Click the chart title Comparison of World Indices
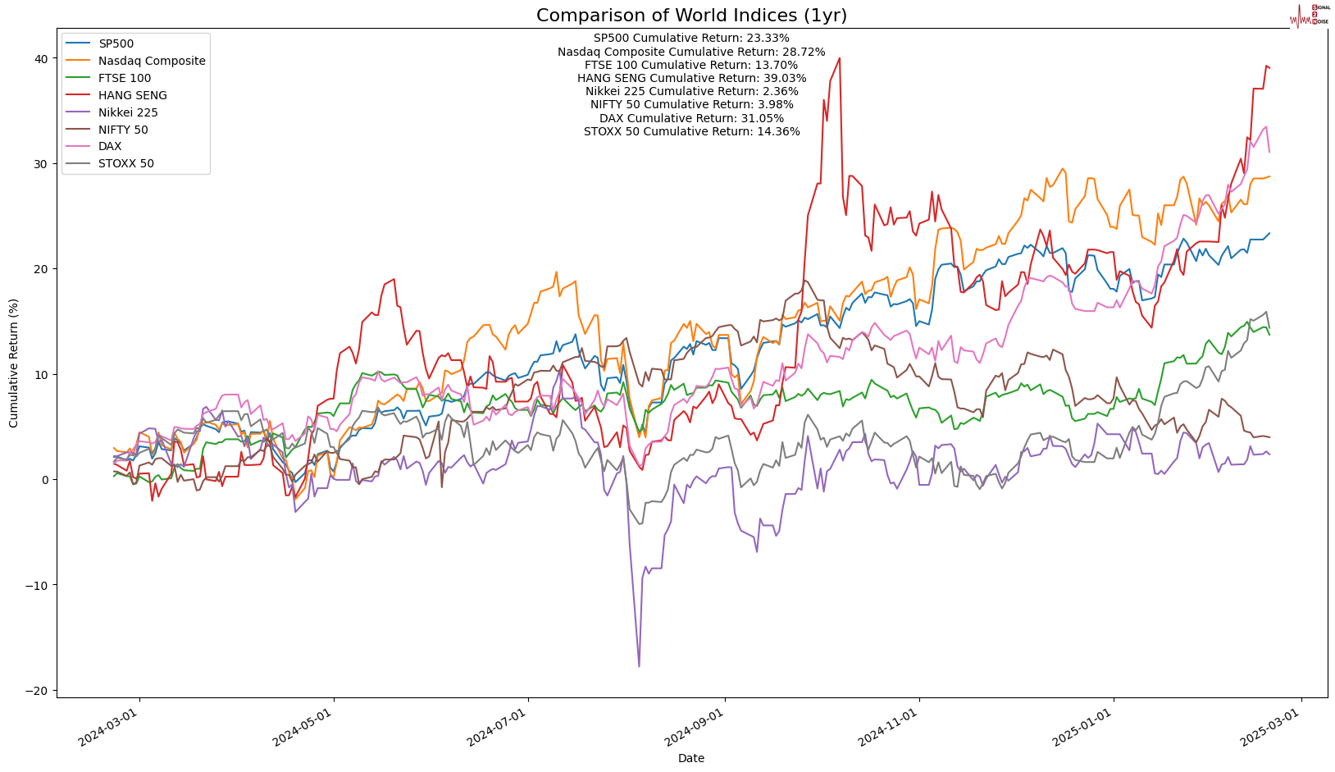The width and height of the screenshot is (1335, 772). tap(691, 16)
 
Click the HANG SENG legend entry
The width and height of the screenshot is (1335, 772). tap(132, 95)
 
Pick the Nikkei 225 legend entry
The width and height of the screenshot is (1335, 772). tap(128, 112)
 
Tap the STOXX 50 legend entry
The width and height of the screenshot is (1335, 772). tap(125, 163)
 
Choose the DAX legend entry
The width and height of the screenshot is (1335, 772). tap(110, 146)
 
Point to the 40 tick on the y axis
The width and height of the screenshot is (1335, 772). tap(40, 58)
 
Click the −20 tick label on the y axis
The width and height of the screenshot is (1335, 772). tap(36, 690)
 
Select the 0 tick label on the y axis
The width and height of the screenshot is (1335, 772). tap(43, 479)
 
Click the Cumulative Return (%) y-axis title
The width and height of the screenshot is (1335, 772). tap(14, 363)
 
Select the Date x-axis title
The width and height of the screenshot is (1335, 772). tap(691, 758)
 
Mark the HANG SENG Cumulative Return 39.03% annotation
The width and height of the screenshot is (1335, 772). tap(691, 78)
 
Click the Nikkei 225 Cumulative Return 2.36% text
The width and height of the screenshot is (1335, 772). tap(691, 91)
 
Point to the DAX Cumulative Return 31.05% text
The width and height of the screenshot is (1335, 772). tap(691, 118)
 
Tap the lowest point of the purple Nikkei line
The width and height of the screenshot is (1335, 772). tap(639, 665)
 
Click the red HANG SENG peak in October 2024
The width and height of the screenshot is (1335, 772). tap(839, 58)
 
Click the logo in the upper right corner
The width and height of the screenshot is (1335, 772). tap(1309, 15)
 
